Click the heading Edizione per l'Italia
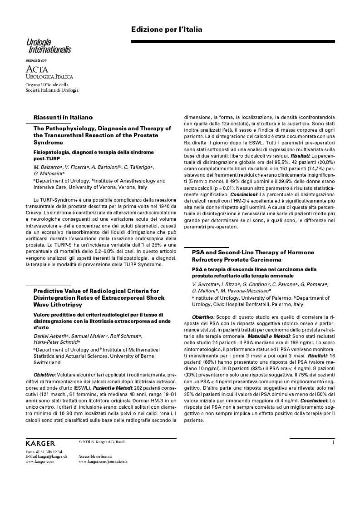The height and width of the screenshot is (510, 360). point(167,30)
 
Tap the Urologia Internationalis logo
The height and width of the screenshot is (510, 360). point(48,46)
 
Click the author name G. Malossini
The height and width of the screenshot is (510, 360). point(49,173)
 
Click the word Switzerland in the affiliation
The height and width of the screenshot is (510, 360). point(47,363)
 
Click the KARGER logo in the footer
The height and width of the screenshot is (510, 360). point(40,443)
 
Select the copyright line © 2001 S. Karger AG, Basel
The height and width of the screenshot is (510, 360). point(101,441)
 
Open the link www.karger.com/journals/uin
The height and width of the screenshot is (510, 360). point(103,461)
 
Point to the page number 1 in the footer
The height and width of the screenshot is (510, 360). point(333,442)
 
